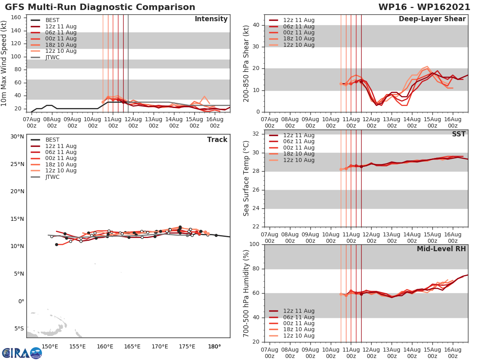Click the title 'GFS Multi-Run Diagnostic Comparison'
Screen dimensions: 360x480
coord(100,7)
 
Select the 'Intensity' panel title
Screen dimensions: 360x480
coord(211,19)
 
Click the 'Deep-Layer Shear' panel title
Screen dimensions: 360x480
coord(432,19)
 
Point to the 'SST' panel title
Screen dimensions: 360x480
coord(458,134)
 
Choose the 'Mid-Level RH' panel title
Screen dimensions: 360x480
coord(441,249)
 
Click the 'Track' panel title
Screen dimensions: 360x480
coord(217,140)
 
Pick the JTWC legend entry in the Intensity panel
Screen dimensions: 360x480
coord(53,57)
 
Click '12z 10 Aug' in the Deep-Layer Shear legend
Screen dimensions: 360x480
coord(299,45)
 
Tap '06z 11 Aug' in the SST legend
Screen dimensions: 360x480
coord(299,142)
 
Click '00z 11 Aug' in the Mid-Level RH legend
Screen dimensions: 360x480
coord(299,323)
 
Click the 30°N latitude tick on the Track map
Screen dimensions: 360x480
coord(17,136)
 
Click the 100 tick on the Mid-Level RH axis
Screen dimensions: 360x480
coord(254,244)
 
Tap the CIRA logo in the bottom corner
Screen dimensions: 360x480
coord(22,353)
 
